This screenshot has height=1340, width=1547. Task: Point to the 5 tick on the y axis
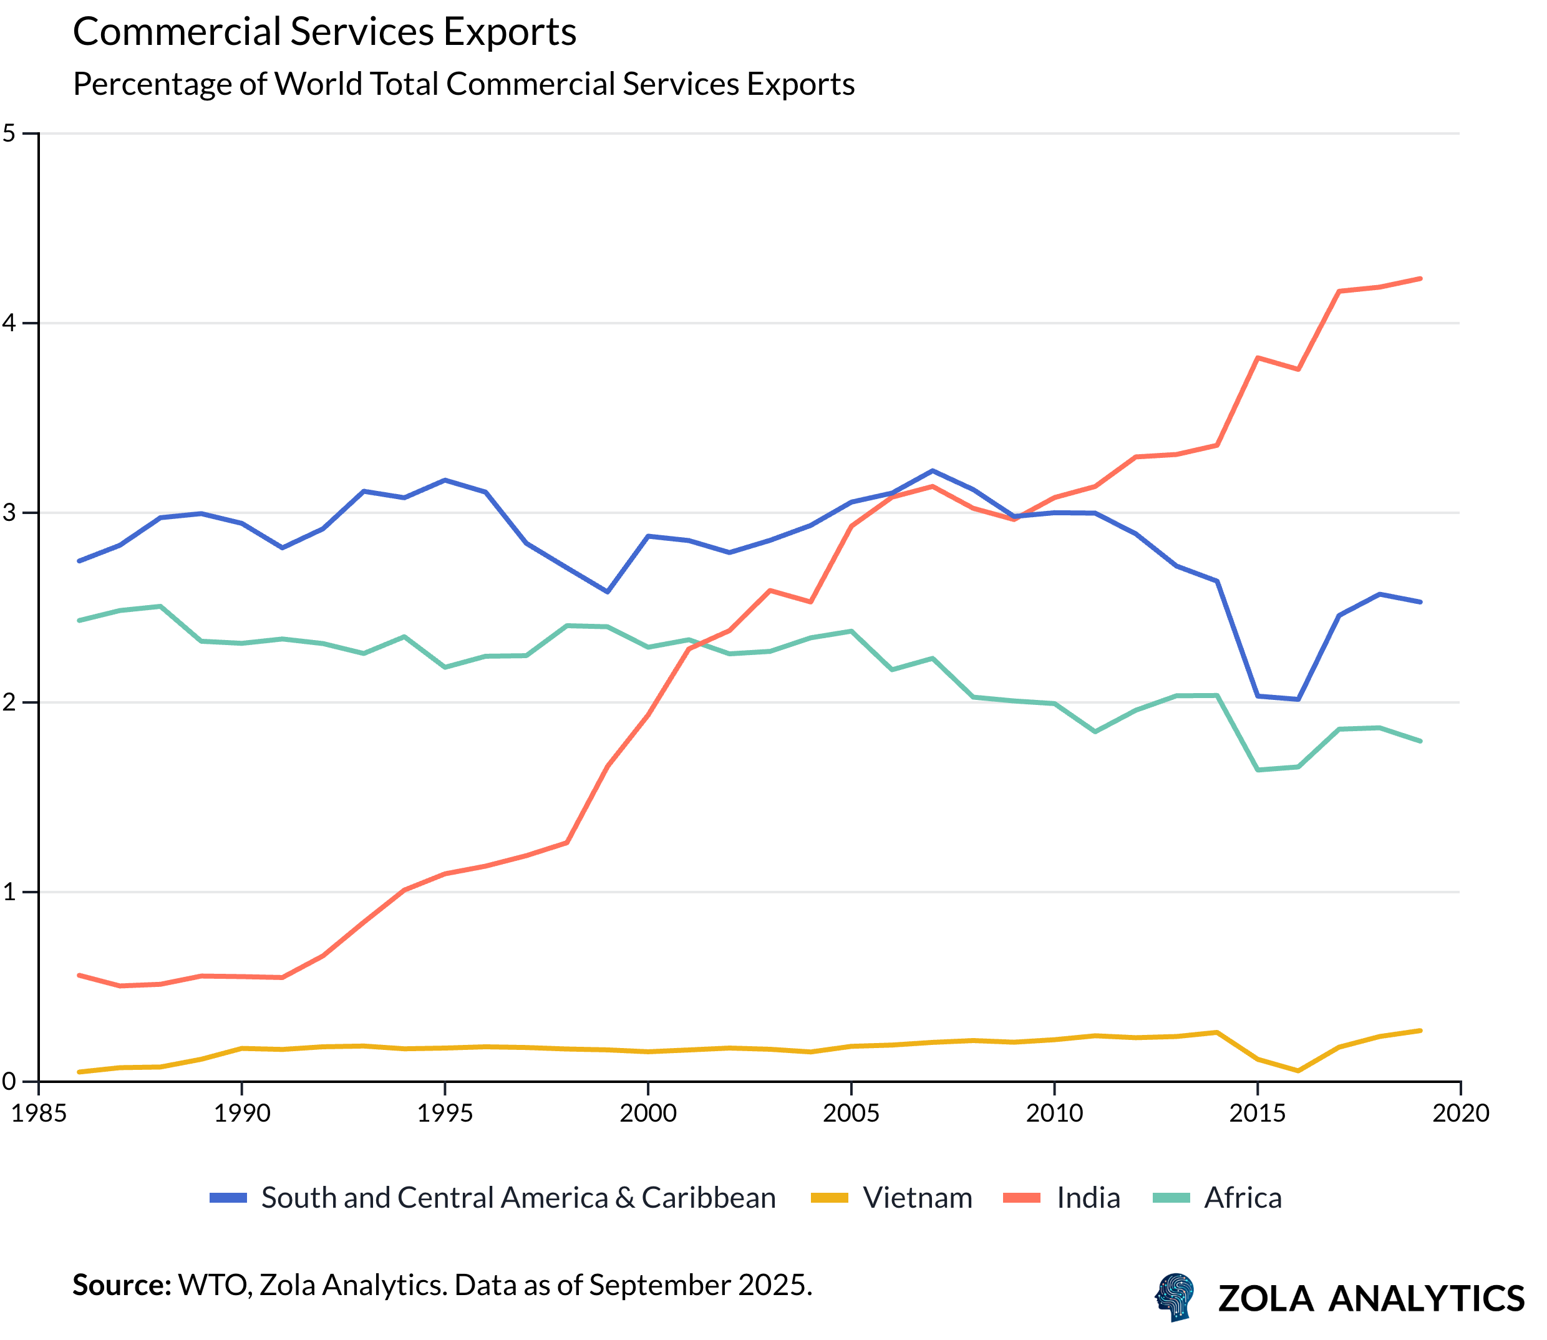click(9, 134)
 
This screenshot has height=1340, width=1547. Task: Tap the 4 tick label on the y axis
click(9, 323)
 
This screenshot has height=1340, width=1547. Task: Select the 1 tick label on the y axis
click(9, 892)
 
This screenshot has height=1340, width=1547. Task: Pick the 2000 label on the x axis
click(647, 1114)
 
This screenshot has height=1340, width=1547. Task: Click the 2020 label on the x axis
click(1460, 1114)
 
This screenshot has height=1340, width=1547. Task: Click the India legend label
click(1088, 1198)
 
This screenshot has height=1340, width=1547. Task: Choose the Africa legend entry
click(1242, 1198)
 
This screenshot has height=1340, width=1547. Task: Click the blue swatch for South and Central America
click(228, 1198)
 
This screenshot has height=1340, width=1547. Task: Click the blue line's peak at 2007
click(932, 471)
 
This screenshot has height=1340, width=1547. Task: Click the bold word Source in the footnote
click(122, 1284)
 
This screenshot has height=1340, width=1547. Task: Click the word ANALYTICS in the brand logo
click(1426, 1298)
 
